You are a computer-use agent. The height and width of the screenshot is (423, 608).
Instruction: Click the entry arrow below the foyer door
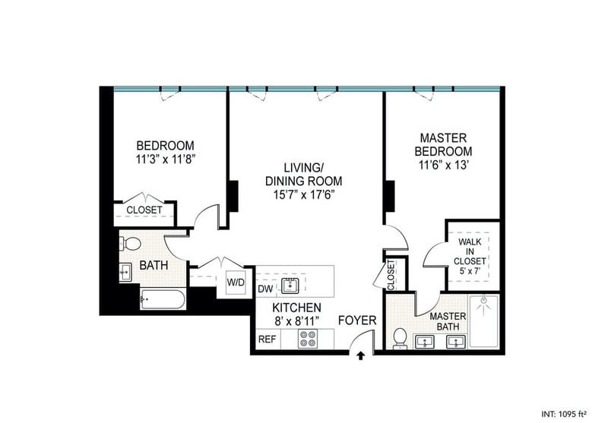point(360,356)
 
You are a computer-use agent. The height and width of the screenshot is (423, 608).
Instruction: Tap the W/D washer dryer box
point(236,283)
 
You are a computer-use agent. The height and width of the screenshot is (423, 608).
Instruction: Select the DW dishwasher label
point(265,289)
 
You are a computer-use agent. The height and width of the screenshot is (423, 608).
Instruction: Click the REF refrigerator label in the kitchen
point(268,339)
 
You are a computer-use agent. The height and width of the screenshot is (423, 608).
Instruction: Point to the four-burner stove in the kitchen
point(308,339)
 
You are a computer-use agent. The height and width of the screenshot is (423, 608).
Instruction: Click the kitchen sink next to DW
point(290,286)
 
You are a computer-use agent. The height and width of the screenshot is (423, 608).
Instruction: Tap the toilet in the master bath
point(400,338)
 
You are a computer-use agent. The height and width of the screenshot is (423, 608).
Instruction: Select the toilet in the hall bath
point(131,244)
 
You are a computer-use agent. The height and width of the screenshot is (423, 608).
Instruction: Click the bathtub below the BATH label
point(163,299)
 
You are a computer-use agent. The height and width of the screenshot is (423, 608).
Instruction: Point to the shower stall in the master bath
point(483,321)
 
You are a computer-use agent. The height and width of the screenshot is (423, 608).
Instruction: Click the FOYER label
point(357,320)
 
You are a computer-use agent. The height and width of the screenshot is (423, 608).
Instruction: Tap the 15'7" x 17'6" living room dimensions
point(304,194)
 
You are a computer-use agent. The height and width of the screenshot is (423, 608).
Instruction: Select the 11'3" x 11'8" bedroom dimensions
point(165,159)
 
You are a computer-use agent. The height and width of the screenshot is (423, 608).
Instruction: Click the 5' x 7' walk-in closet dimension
point(470,271)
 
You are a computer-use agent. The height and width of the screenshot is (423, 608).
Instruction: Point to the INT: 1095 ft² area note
point(563,414)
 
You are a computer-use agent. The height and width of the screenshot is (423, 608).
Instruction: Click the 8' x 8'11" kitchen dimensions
point(296,320)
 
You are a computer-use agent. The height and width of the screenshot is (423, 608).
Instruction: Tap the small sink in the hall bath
point(125,272)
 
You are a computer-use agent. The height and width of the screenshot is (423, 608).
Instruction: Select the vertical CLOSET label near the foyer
point(391,275)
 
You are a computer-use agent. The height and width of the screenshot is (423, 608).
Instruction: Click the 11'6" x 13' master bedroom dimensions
point(445,166)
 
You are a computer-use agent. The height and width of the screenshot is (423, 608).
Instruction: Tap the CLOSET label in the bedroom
point(144,210)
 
